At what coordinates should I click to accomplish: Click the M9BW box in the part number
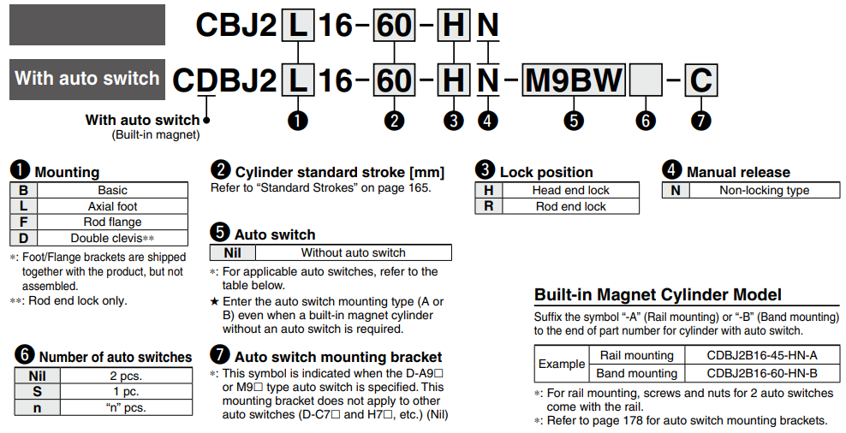574,80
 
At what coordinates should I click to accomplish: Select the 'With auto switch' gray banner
87,79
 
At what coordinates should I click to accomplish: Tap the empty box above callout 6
646,81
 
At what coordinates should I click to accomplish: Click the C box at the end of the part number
701,80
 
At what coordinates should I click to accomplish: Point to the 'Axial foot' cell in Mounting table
112,206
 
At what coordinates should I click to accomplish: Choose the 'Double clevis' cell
112,238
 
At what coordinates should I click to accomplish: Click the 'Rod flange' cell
112,222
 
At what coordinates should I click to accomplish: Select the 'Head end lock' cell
570,191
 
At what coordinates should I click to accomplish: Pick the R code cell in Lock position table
489,206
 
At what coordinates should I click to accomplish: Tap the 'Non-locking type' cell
764,191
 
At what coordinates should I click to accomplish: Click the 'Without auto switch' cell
353,252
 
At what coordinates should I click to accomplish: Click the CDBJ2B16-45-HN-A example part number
761,355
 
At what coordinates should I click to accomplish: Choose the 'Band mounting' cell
636,373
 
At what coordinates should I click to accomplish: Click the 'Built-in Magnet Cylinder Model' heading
658,295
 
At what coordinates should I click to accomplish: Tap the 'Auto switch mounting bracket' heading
337,357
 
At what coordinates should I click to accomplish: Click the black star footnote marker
215,302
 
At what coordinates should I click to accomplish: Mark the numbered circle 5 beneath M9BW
574,121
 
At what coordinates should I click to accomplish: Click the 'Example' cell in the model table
561,364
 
